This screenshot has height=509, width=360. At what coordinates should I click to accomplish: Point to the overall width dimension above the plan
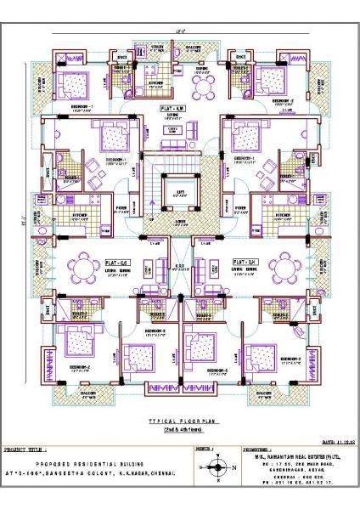[x=180, y=31]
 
